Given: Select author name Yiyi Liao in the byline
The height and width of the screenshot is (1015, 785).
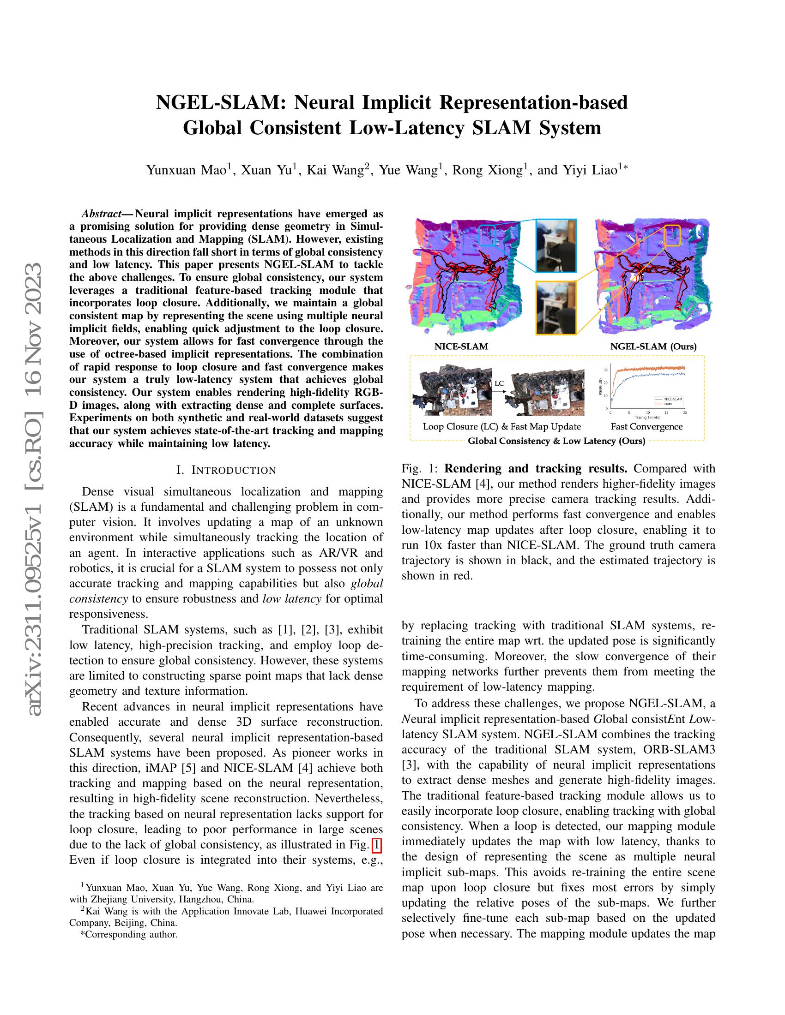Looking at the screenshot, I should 590,170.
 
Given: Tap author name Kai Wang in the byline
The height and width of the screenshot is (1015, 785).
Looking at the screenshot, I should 333,170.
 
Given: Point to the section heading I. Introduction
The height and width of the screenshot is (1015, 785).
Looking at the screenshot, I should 226,470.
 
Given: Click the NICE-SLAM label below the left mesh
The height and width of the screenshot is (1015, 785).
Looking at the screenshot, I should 461,346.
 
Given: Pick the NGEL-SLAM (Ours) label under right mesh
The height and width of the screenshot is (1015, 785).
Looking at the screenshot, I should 653,346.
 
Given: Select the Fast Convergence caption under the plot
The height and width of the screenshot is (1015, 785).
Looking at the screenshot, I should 646,427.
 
